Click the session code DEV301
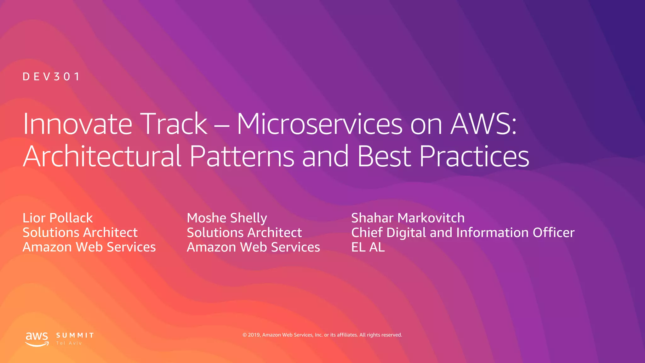pos(51,77)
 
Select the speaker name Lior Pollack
pos(58,218)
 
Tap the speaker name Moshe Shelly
pos(227,218)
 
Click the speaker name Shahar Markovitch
pos(408,218)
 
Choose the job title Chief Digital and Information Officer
pos(463,233)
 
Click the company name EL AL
pos(368,247)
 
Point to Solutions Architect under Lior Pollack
pos(80,233)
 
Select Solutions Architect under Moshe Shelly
pos(244,233)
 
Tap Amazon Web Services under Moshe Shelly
pos(253,247)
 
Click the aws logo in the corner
pos(37,339)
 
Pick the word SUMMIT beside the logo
pos(75,335)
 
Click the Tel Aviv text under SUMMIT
pos(69,343)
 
